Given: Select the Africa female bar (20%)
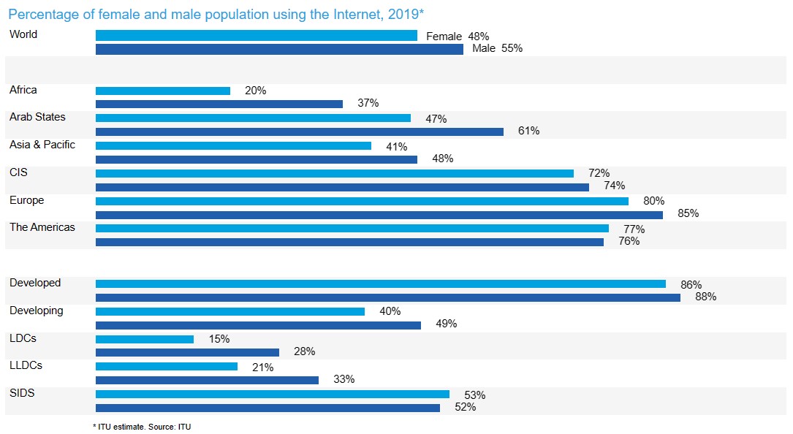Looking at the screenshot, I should tap(163, 91).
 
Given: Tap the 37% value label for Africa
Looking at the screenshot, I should tap(368, 104).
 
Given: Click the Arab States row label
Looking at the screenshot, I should tap(37, 117).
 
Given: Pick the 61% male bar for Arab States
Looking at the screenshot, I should tap(300, 132).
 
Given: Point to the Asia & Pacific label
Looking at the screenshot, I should tap(42, 145).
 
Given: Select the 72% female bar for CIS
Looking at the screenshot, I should tap(335, 173).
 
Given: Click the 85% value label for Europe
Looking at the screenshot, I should tap(688, 214).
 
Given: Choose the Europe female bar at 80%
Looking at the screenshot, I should tap(362, 201).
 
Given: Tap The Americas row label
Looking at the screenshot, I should tap(42, 227).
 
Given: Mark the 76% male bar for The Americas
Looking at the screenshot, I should tap(349, 242).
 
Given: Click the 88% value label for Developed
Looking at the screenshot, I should tap(705, 297).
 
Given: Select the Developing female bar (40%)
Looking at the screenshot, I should tap(230, 311).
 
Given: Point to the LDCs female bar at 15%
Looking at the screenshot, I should tap(145, 339).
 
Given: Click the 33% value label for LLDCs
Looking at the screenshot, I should tap(344, 380).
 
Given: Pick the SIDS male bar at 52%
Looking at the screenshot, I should tap(268, 408).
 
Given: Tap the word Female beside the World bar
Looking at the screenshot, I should tap(444, 37).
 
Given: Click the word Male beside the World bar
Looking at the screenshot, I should tap(483, 49).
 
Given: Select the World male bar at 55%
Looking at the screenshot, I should tap(279, 49).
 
